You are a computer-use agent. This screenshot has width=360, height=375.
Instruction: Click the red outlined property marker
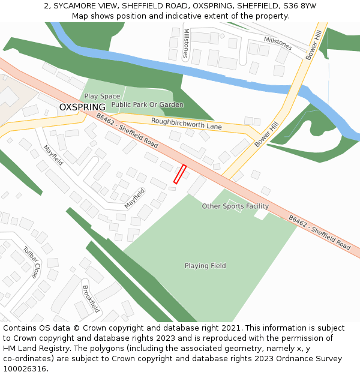[180, 174]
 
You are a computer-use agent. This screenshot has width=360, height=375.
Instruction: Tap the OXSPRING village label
[82, 107]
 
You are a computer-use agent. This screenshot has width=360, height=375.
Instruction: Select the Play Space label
[102, 96]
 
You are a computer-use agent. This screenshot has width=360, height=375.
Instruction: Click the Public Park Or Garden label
[148, 105]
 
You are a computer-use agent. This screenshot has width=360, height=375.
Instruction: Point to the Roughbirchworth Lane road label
[186, 124]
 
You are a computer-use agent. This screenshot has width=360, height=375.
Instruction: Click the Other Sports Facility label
[235, 206]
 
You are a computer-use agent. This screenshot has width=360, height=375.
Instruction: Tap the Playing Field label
[205, 266]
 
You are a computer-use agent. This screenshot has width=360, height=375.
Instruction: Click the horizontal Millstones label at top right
[278, 43]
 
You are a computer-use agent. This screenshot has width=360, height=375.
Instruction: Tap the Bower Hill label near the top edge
[314, 46]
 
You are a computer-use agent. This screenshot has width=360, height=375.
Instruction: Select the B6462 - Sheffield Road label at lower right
[319, 233]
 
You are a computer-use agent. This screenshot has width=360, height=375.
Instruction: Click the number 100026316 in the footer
[25, 368]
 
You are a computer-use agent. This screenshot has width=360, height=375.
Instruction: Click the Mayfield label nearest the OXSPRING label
[53, 155]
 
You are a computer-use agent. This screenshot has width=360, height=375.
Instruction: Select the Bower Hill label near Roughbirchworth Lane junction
[266, 133]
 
